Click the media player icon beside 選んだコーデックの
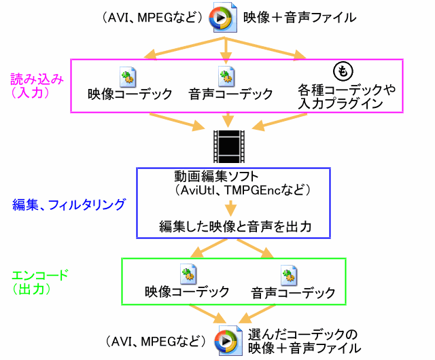point(226,339)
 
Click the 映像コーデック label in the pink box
point(130,94)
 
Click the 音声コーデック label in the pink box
point(231,94)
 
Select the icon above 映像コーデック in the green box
point(187,274)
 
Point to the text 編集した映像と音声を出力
point(235,226)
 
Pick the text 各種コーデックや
point(347,90)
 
